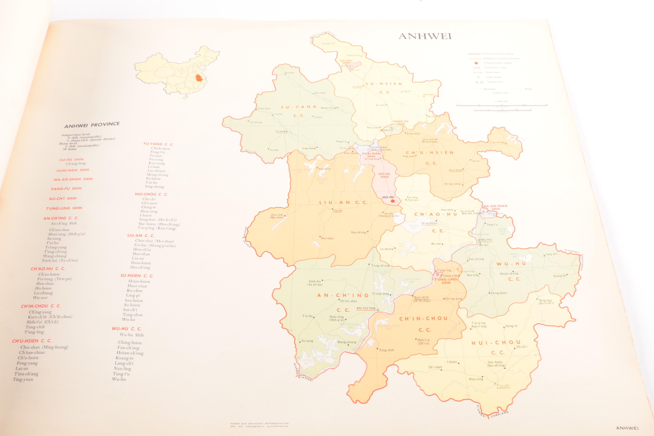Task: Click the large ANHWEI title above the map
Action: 425,36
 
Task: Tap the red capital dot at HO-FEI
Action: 392,201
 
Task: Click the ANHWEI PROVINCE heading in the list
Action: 92,125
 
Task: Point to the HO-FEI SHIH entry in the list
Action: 71,160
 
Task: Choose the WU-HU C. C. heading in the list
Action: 127,329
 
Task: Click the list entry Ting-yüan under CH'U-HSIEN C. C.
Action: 23,379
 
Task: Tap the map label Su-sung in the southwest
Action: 307,341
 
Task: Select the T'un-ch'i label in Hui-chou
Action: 503,386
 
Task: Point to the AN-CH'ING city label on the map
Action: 366,308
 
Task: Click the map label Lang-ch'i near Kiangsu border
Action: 551,254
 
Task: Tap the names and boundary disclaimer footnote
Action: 259,425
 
